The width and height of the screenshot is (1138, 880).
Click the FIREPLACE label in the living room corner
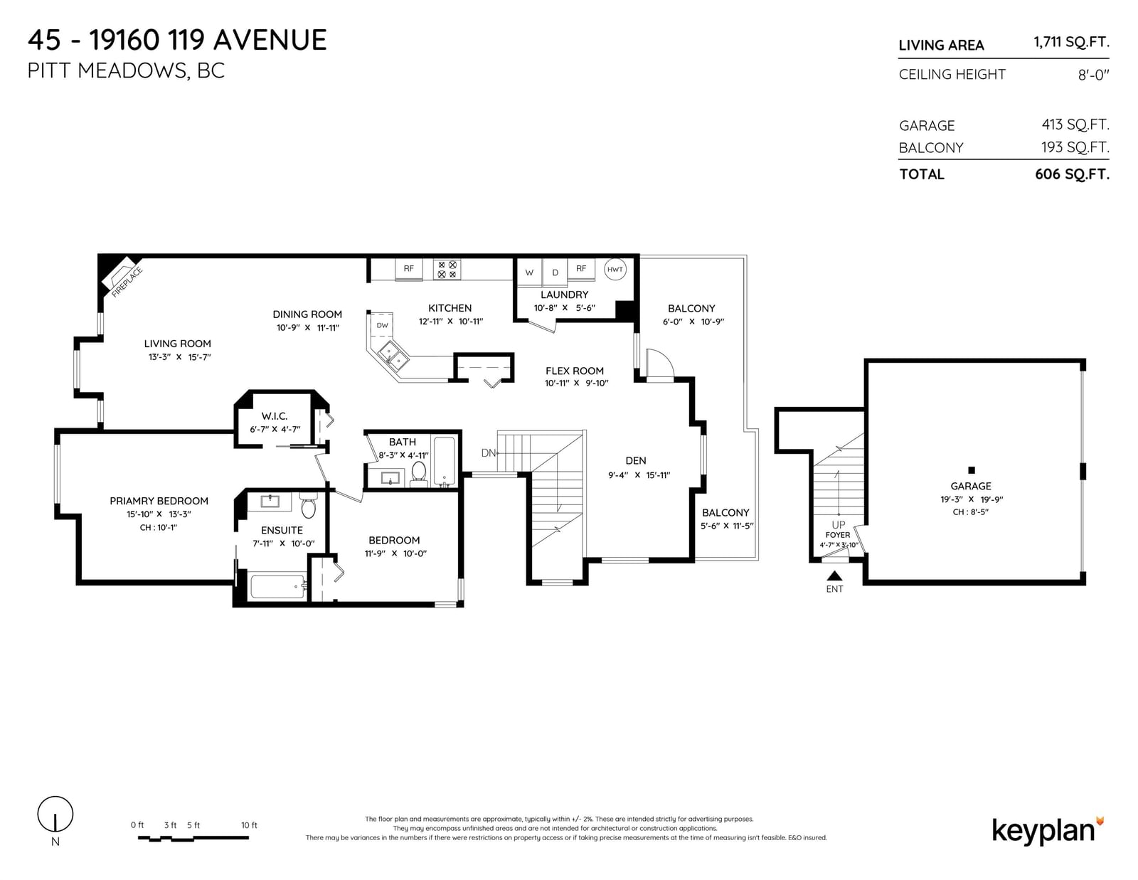tap(127, 282)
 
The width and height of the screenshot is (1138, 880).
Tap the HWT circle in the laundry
tap(615, 269)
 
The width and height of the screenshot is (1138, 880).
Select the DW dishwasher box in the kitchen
tap(382, 325)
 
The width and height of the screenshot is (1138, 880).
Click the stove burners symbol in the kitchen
tap(447, 270)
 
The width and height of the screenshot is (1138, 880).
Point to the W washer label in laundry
tap(529, 272)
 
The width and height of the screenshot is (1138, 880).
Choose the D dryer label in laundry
tap(555, 272)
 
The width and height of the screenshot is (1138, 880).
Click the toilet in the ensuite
tap(309, 505)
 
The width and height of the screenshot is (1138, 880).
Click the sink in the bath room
tap(390, 478)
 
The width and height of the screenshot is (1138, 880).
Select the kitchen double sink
tap(393, 355)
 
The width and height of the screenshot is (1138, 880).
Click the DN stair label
tap(488, 453)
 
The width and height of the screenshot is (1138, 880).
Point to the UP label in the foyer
tap(838, 524)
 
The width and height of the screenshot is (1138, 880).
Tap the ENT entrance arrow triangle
tap(834, 576)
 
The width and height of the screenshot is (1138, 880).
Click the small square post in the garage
tap(972, 470)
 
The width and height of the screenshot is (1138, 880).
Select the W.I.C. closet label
tap(275, 416)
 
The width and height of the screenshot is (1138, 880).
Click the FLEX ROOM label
tap(575, 371)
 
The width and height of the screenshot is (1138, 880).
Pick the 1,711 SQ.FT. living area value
tap(1071, 43)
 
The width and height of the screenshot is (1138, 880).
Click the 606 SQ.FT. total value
tap(1072, 174)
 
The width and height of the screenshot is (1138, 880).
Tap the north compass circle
tap(55, 814)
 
